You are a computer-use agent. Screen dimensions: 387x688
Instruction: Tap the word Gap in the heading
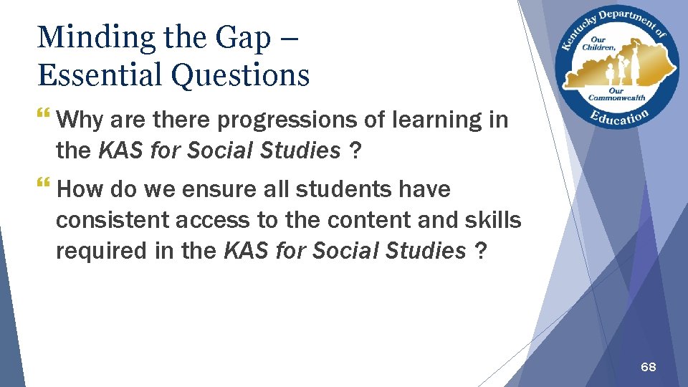tap(243, 37)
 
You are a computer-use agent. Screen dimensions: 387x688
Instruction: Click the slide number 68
tap(648, 367)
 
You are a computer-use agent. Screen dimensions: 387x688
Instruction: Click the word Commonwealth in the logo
tap(616, 98)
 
